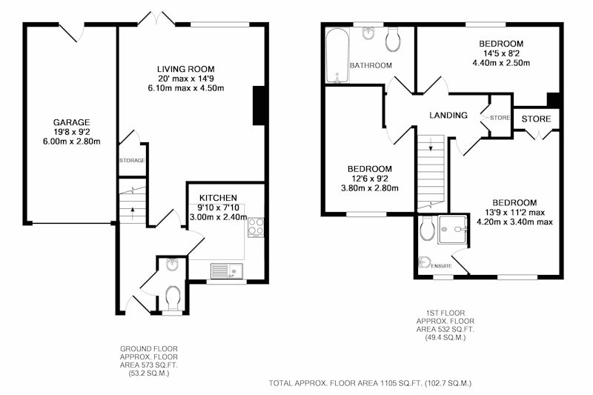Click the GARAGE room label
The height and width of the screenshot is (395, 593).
click(71, 122)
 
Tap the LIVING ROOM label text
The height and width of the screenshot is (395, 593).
click(186, 69)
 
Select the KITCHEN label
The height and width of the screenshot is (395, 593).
click(218, 198)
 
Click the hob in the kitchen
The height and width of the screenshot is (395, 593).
click(256, 228)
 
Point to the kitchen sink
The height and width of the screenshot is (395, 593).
click(227, 270)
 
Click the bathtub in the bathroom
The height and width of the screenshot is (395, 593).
click(337, 55)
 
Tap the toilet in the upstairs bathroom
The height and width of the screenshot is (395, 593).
click(393, 40)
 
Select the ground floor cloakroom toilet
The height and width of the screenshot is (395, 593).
click(173, 299)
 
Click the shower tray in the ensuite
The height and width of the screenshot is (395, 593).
click(453, 230)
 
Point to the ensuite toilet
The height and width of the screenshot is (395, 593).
click(428, 228)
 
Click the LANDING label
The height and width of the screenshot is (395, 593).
click(448, 116)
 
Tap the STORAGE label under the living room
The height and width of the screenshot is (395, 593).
click(133, 160)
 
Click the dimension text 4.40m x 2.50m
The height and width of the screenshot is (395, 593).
click(501, 63)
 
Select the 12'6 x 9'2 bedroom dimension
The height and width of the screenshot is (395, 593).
click(370, 179)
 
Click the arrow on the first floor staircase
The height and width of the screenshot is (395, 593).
click(431, 145)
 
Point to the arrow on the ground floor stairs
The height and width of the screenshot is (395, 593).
click(133, 213)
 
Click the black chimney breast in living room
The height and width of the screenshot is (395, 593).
click(258, 105)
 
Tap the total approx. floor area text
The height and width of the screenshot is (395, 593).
click(370, 383)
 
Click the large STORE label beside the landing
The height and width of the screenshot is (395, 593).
click(536, 119)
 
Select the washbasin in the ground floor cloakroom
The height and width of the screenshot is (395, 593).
click(173, 265)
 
